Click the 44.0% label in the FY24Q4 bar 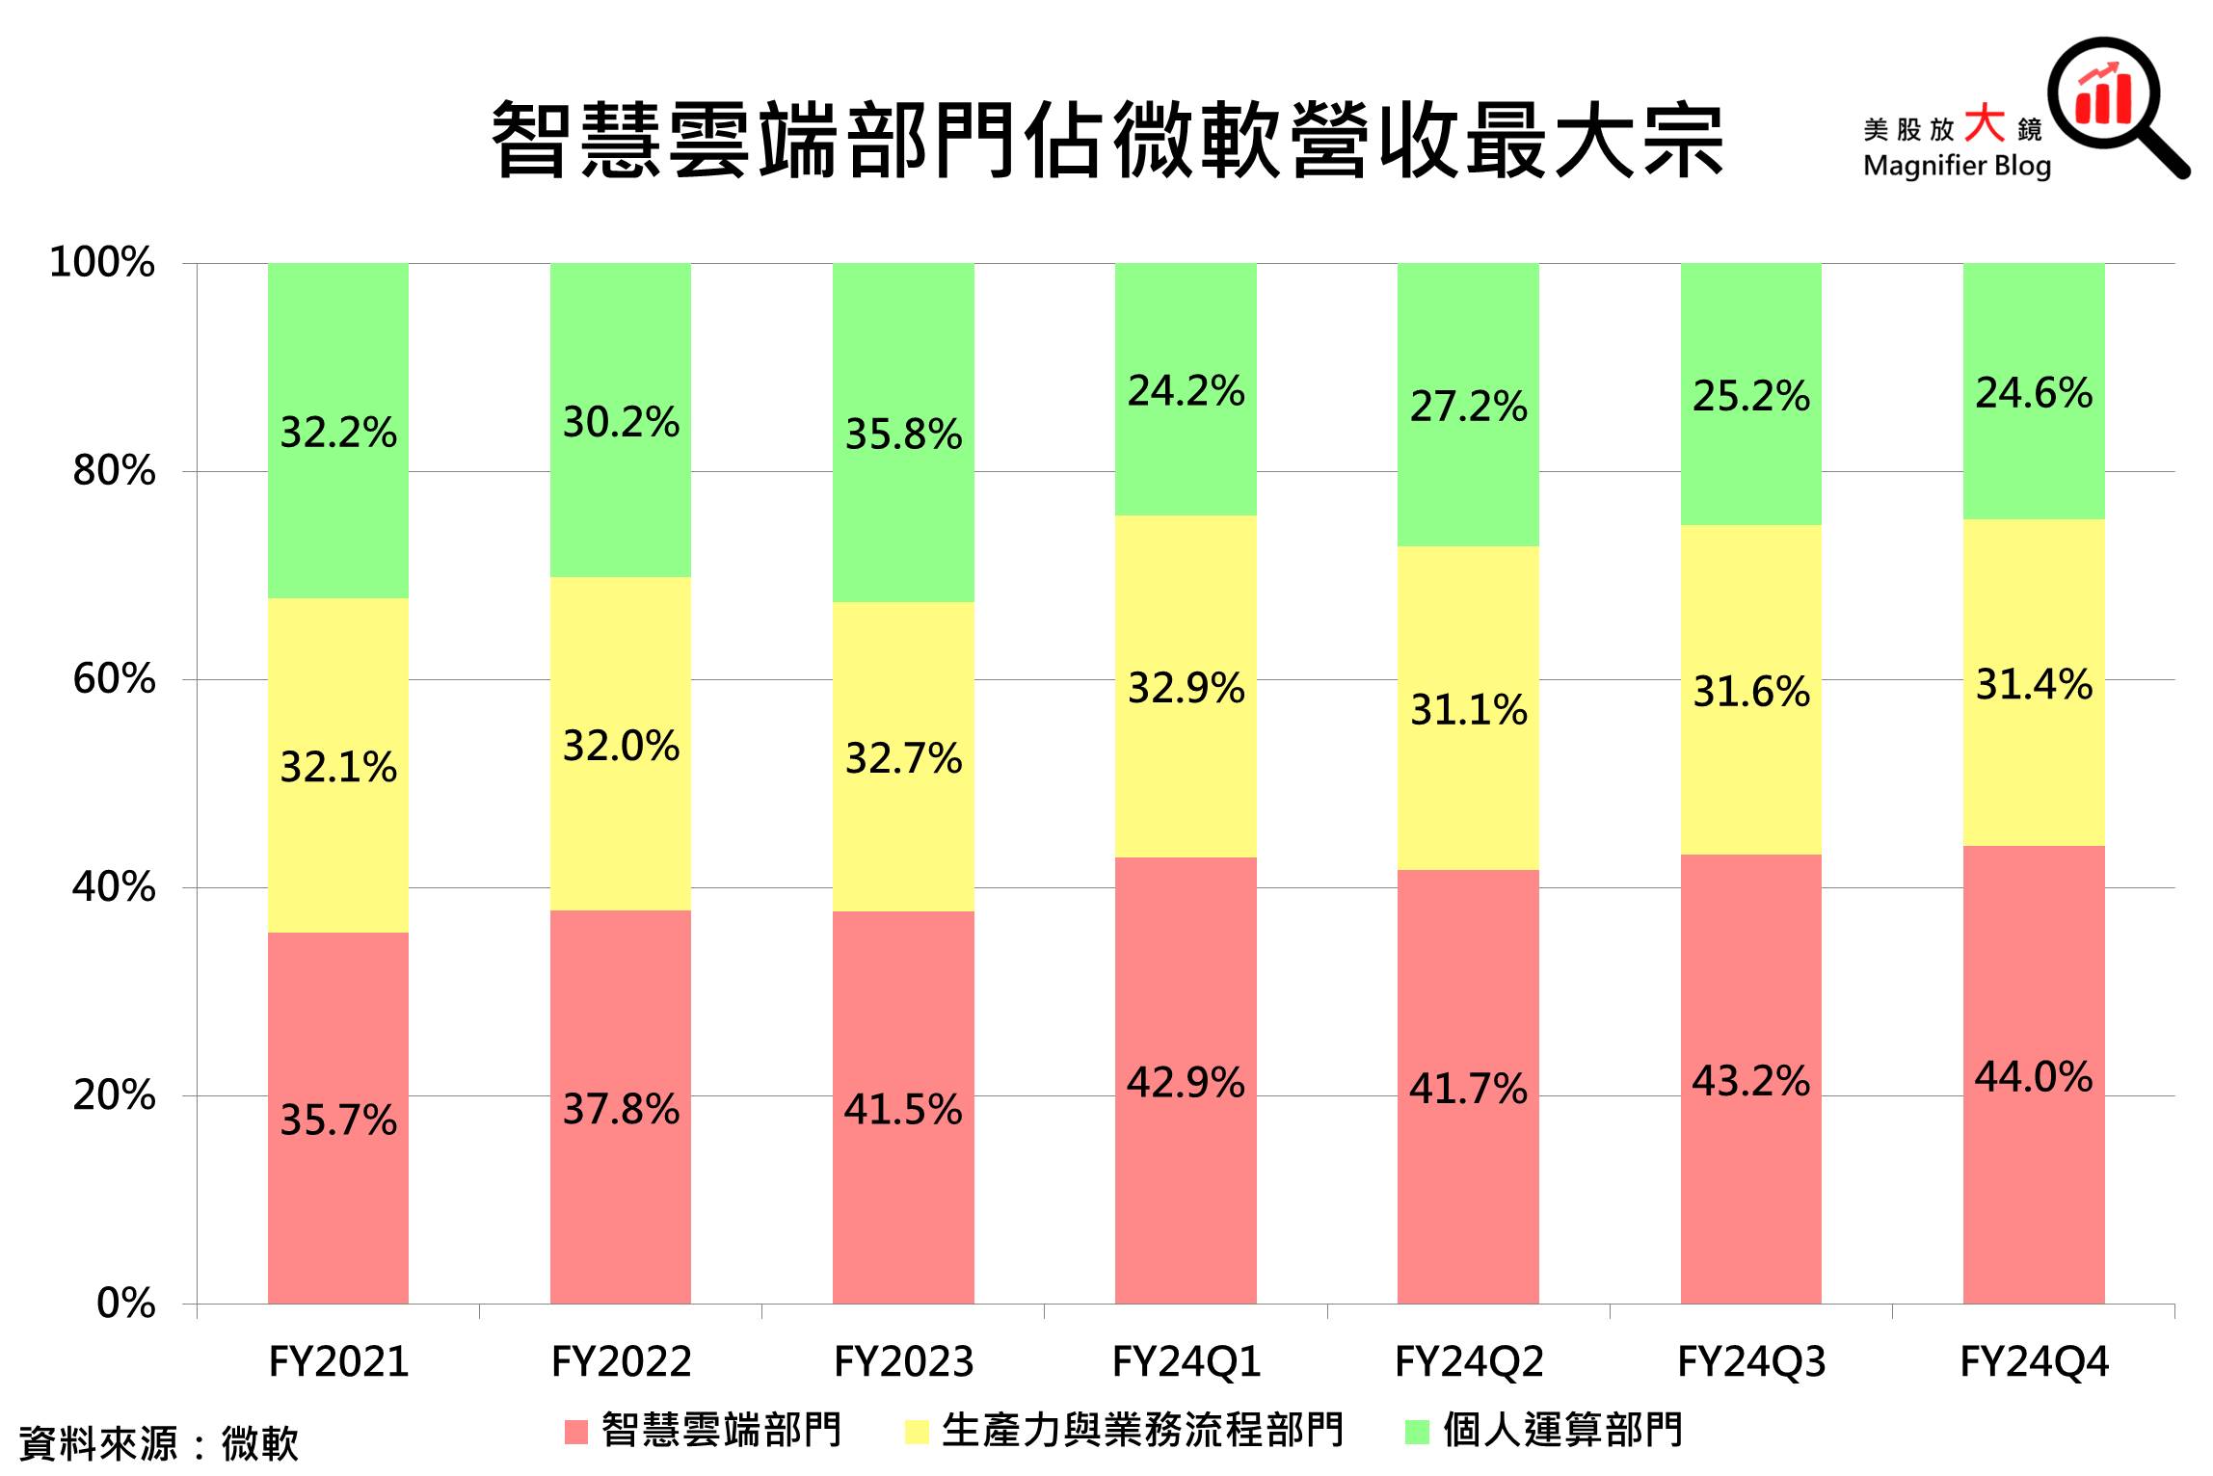pyautogui.click(x=2033, y=1077)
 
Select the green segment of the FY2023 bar pyautogui.click(x=903, y=520)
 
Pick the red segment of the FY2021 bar pyautogui.click(x=337, y=1204)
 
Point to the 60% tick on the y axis pyautogui.click(x=114, y=679)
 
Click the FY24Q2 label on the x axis pyautogui.click(x=1469, y=1362)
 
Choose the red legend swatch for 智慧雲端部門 pyautogui.click(x=576, y=1433)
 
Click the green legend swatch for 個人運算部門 pyautogui.click(x=1417, y=1433)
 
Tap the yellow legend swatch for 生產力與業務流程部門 pyautogui.click(x=917, y=1433)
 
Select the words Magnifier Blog pyautogui.click(x=1957, y=166)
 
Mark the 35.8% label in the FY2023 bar pyautogui.click(x=903, y=435)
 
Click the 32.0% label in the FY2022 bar pyautogui.click(x=621, y=747)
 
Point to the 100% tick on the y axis pyautogui.click(x=102, y=262)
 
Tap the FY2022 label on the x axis pyautogui.click(x=621, y=1362)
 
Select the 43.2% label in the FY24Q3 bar pyautogui.click(x=1750, y=1081)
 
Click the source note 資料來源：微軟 pyautogui.click(x=159, y=1443)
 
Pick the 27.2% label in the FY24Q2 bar pyautogui.click(x=1468, y=407)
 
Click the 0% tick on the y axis pyautogui.click(x=126, y=1304)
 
